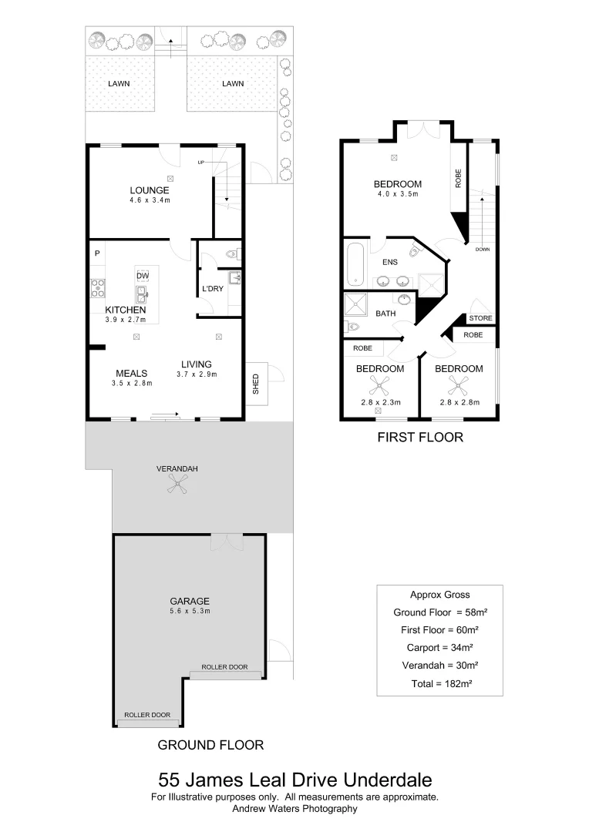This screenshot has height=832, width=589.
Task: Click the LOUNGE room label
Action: tap(150, 190)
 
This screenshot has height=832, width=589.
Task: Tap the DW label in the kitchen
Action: tap(142, 276)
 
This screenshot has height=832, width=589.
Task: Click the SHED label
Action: tap(256, 383)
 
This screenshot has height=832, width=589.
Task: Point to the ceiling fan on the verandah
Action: tap(177, 483)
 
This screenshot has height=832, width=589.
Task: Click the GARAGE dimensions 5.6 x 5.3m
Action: tap(190, 611)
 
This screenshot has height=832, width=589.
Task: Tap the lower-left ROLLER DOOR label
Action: tap(149, 715)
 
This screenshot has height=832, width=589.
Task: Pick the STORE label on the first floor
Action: tap(480, 318)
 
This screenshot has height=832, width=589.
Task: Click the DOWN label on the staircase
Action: tap(483, 250)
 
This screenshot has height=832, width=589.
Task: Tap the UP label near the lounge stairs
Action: tap(202, 163)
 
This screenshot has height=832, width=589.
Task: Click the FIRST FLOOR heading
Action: tap(419, 438)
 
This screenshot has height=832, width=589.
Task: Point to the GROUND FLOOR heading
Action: tap(210, 745)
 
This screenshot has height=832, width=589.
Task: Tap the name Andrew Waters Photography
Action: tap(294, 809)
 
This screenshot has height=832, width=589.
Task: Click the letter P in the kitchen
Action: tap(98, 253)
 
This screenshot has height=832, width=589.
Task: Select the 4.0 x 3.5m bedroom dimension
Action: tap(397, 194)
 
